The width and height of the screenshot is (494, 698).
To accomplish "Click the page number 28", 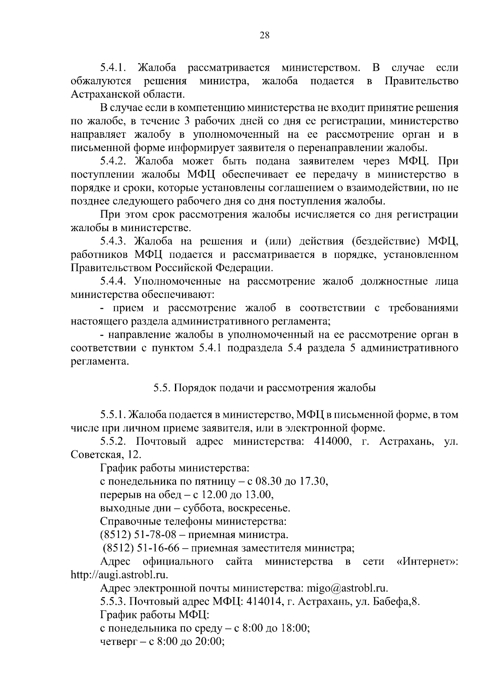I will [264, 35].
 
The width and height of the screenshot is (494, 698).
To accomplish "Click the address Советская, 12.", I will [106, 455].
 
